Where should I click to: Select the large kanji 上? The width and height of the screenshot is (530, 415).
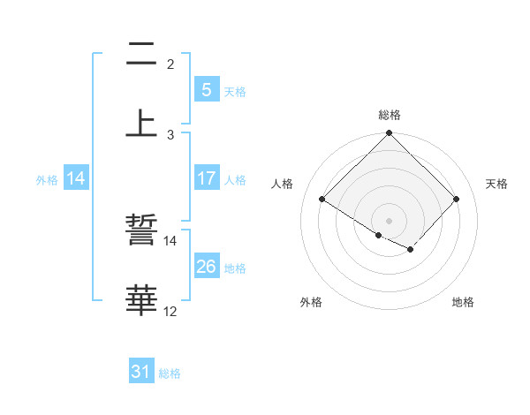(x=141, y=123)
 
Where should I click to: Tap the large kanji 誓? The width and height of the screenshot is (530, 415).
(x=141, y=231)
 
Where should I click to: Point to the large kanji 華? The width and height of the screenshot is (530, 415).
(x=141, y=300)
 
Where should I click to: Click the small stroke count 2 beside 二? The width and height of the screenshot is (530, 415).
(x=170, y=64)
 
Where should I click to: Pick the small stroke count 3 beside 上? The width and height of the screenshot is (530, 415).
(x=170, y=134)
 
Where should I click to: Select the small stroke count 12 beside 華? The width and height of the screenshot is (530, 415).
(x=170, y=312)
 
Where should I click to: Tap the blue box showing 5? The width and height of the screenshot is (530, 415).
(x=206, y=90)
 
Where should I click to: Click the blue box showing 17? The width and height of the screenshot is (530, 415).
(x=206, y=178)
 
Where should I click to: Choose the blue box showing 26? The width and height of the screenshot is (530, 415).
(x=206, y=267)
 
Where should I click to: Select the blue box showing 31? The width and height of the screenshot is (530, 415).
(x=141, y=373)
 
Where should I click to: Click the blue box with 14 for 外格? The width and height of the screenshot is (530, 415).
(x=76, y=178)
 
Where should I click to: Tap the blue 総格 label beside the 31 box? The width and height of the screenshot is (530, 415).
(x=170, y=373)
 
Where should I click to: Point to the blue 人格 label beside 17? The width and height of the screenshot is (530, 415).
(x=235, y=179)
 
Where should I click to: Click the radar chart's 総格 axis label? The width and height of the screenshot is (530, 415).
(x=390, y=115)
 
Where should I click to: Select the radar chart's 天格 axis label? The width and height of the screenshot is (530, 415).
(x=497, y=184)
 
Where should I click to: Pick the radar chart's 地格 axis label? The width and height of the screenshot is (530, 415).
(x=463, y=302)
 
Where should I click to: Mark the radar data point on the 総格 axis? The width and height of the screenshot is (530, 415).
(x=390, y=134)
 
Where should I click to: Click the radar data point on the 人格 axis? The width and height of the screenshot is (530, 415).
(x=322, y=200)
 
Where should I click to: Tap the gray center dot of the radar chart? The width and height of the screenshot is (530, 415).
(x=390, y=221)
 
